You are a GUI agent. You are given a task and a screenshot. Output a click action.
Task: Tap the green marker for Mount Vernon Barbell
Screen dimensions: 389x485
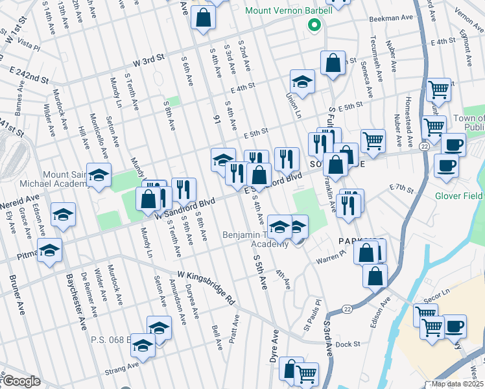tap(314, 26)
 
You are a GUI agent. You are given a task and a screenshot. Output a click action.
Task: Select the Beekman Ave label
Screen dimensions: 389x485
tap(391, 19)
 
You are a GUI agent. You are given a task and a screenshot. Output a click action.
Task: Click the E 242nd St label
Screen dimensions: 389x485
tap(29, 73)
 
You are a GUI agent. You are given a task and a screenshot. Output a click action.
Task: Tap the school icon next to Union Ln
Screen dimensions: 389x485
tap(302, 82)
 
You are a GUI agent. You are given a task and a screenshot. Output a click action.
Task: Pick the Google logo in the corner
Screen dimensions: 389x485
tap(21, 381)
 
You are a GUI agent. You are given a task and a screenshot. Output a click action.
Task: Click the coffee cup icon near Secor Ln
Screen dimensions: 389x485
tap(454, 326)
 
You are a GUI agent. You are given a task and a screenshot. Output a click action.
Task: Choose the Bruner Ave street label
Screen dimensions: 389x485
tap(16, 299)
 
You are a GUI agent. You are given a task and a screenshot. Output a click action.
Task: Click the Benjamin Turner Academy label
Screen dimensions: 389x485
tap(257, 239)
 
